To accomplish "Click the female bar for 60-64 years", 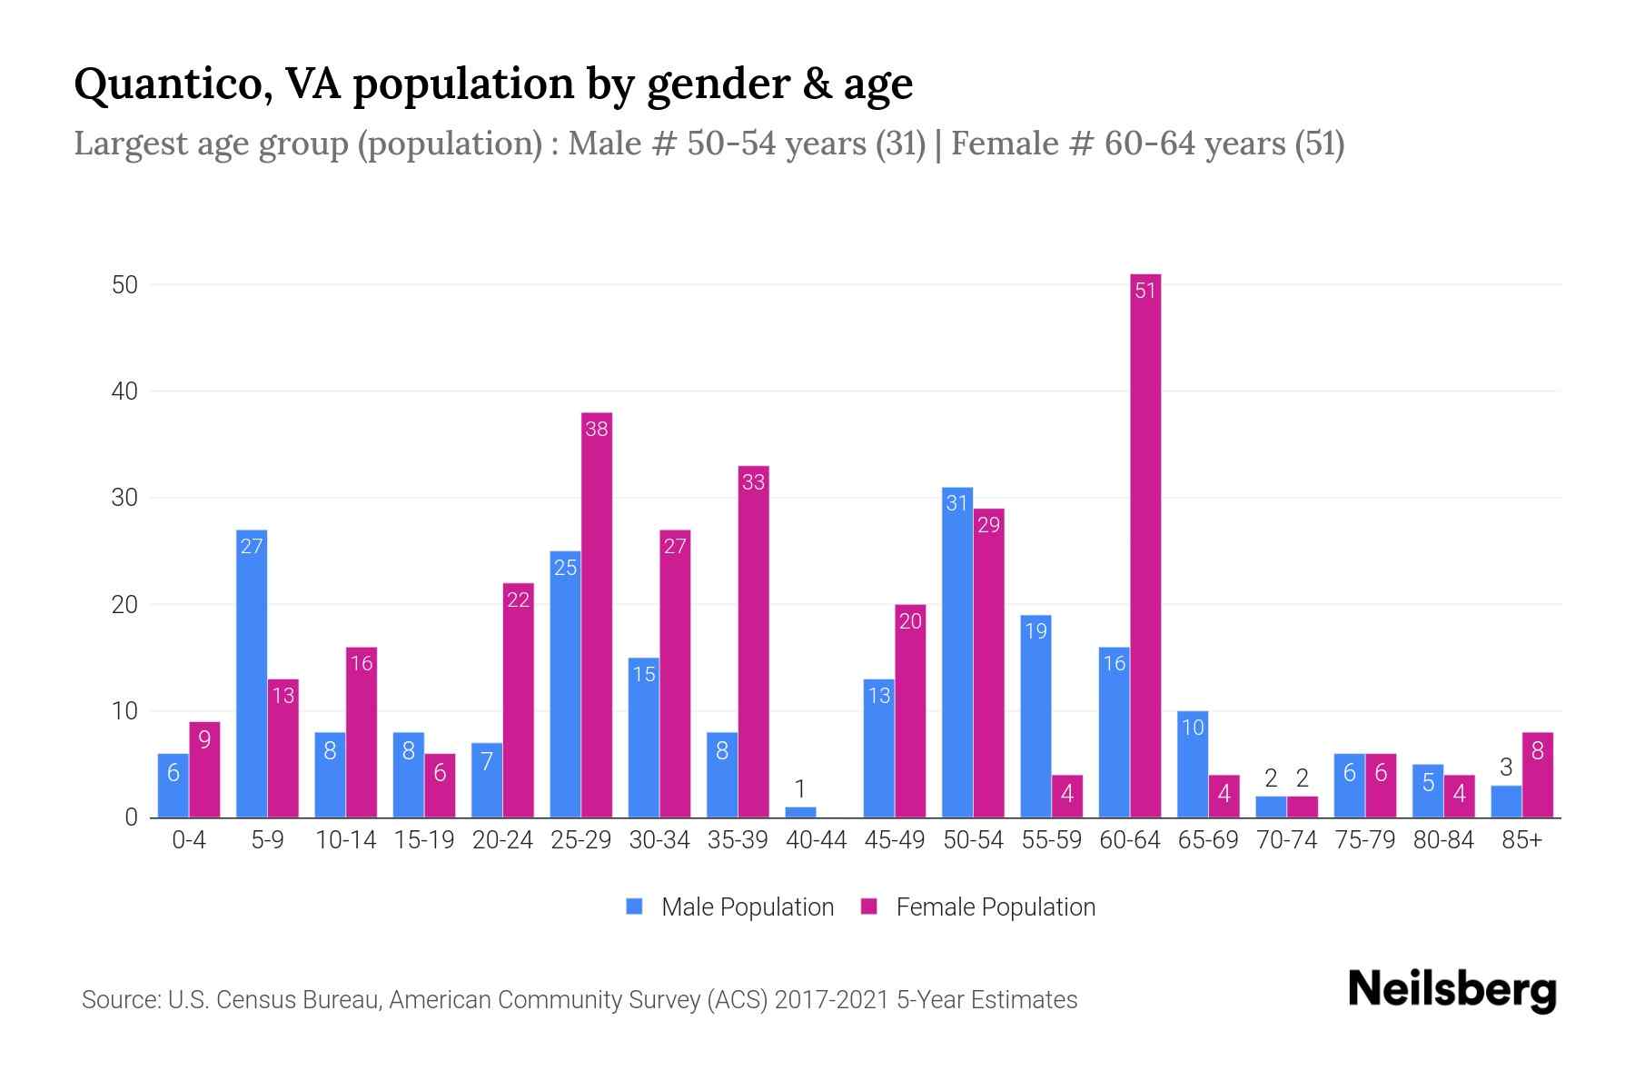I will (1145, 545).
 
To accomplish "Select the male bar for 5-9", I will (252, 673).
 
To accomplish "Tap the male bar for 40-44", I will (800, 812).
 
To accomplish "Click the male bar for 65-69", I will (1193, 764).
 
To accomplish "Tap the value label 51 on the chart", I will (1145, 291).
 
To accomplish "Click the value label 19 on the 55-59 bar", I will (1036, 630).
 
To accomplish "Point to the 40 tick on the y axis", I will (124, 391).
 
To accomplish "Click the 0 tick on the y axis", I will (132, 817).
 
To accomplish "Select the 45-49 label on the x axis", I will (895, 840).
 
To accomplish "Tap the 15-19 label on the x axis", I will (424, 840).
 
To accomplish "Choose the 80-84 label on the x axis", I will (1443, 840).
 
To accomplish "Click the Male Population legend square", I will (635, 907).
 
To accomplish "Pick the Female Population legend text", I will (996, 907).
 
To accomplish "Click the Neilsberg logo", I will (1452, 989).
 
